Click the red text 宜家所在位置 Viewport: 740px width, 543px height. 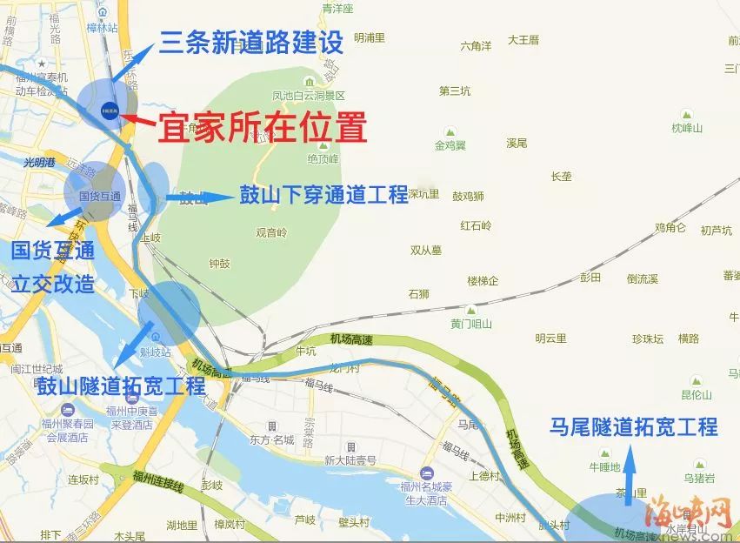click(x=262, y=129)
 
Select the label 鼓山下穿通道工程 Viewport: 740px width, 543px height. click(x=323, y=194)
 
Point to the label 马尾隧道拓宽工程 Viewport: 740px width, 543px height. click(x=634, y=427)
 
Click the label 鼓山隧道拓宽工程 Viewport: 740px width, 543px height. click(x=121, y=385)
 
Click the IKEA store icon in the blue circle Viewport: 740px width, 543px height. click(x=110, y=110)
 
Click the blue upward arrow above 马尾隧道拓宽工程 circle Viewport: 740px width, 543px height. click(x=630, y=470)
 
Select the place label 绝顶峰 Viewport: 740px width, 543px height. click(x=322, y=159)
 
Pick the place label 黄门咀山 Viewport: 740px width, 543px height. click(x=471, y=324)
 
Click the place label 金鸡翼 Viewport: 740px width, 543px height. click(x=450, y=144)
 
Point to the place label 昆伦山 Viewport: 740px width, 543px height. click(x=697, y=394)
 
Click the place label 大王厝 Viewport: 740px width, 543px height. click(x=523, y=40)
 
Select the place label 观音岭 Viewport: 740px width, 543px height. click(x=271, y=232)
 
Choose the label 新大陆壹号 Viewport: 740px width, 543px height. click(x=350, y=459)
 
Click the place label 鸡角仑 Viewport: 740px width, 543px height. click(x=670, y=228)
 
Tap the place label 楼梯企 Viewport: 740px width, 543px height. click(x=483, y=280)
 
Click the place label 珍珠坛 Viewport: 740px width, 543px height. click(x=648, y=339)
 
